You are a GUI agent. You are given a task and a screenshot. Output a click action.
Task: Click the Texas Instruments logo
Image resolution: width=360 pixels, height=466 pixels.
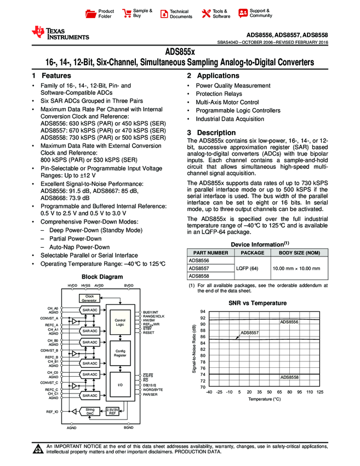click(x=60, y=33)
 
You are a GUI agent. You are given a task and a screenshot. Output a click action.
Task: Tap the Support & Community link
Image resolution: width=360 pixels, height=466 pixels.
click(x=255, y=13)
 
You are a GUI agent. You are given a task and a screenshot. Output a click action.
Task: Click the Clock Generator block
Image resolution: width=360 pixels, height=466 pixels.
click(x=89, y=298)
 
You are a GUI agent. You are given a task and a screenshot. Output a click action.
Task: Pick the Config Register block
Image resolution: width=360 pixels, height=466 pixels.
click(x=120, y=353)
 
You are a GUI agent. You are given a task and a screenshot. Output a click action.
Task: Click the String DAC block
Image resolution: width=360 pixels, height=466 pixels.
click(x=90, y=411)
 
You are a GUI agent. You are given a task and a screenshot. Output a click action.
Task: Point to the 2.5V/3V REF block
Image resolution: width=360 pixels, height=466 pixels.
click(x=113, y=411)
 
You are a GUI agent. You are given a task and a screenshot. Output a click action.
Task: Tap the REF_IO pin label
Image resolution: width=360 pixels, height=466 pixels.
click(x=52, y=410)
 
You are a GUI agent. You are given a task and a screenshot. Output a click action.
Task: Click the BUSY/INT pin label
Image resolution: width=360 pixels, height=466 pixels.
click(x=151, y=311)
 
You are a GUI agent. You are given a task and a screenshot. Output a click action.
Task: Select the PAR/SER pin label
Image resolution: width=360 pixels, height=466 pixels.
click(x=150, y=394)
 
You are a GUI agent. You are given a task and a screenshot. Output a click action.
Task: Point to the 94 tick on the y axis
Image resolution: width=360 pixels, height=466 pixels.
click(x=202, y=311)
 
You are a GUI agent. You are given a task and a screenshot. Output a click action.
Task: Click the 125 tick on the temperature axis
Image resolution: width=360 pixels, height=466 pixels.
click(x=320, y=392)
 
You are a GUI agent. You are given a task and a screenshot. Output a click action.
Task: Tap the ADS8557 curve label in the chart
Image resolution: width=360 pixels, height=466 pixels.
click(x=249, y=332)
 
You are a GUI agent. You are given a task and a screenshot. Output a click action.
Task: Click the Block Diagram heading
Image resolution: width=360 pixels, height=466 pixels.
click(x=102, y=277)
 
